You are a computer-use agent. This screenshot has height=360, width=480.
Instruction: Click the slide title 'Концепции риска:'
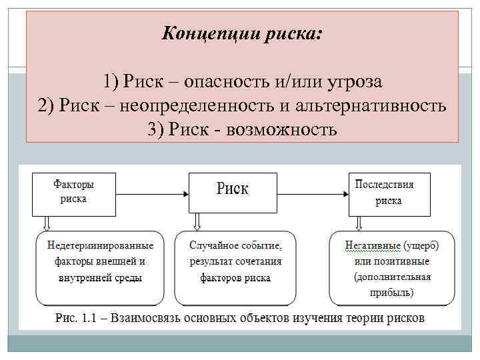coord(241,33)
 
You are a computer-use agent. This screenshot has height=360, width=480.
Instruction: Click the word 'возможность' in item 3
coord(281,128)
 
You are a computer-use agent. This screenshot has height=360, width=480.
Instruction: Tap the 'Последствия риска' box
coord(389,193)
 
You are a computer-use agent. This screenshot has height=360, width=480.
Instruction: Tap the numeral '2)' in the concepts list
coord(47,105)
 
